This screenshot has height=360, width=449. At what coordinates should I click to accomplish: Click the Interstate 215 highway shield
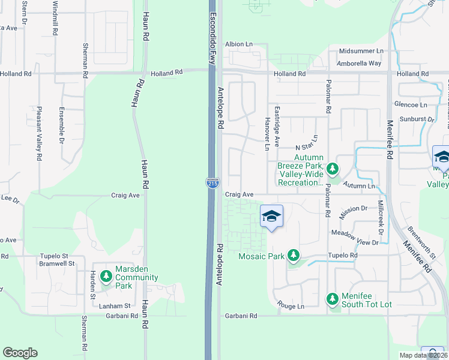[211, 182]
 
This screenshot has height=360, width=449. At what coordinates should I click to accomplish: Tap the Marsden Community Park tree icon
[106, 276]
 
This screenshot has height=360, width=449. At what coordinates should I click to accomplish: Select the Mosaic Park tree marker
[293, 256]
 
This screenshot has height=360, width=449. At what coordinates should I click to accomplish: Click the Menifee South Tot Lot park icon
[333, 298]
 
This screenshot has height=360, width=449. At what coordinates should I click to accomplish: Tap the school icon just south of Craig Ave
[271, 217]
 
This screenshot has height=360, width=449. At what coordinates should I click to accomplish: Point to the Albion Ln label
[238, 44]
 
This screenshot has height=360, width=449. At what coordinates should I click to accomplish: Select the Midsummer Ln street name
[361, 52]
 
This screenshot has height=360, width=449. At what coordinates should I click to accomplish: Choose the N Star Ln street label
[309, 148]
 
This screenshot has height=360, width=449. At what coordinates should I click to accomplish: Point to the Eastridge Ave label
[277, 127]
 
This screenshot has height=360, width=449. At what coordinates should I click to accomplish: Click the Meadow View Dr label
[355, 242]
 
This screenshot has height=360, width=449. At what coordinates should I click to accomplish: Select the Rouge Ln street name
[292, 306]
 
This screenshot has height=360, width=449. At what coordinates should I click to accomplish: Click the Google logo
[20, 353]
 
